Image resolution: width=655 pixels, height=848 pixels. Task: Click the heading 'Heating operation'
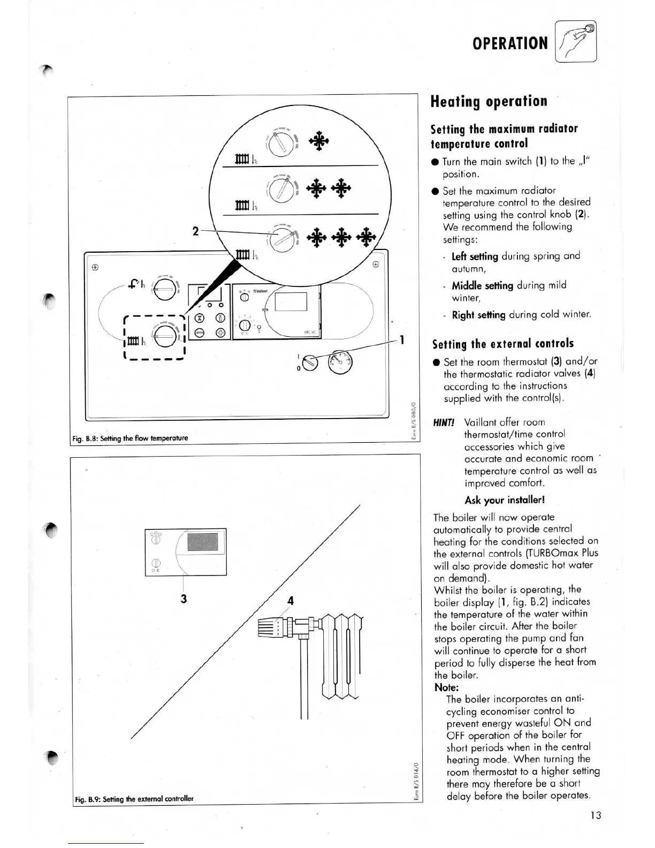pos(489,101)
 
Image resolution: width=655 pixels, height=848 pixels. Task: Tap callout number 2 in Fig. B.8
pos(195,231)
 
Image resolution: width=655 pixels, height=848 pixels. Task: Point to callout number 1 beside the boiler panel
pos(402,340)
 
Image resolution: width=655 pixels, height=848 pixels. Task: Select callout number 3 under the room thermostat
pos(184,599)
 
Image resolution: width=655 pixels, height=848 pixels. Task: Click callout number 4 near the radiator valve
pos(291,601)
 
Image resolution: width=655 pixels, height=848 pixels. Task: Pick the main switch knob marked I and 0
pos(310,363)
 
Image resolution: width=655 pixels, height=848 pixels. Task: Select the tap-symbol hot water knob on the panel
pos(162,290)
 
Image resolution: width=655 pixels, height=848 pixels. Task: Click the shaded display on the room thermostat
pos(202,543)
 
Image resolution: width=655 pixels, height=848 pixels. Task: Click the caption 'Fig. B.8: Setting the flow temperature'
pos(130,438)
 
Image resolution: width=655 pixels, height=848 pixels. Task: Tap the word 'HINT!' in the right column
pos(444,422)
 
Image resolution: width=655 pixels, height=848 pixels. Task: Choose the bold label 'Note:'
pos(446,687)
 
